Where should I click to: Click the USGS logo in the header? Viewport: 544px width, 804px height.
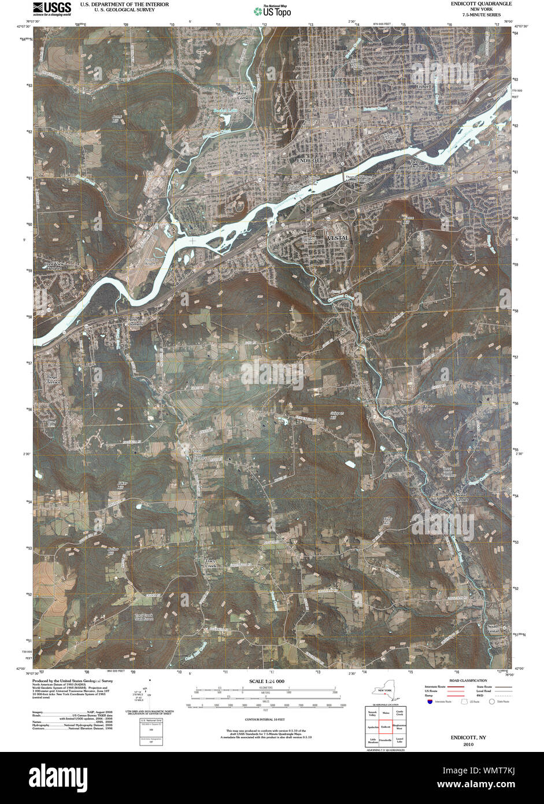point(52,8)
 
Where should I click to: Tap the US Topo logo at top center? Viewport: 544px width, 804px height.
point(272,10)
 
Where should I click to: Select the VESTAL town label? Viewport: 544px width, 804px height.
point(338,238)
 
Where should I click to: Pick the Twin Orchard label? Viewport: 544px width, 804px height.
point(418,164)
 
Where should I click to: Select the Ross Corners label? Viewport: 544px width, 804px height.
point(135,322)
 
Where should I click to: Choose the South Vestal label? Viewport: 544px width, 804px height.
point(492,628)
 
